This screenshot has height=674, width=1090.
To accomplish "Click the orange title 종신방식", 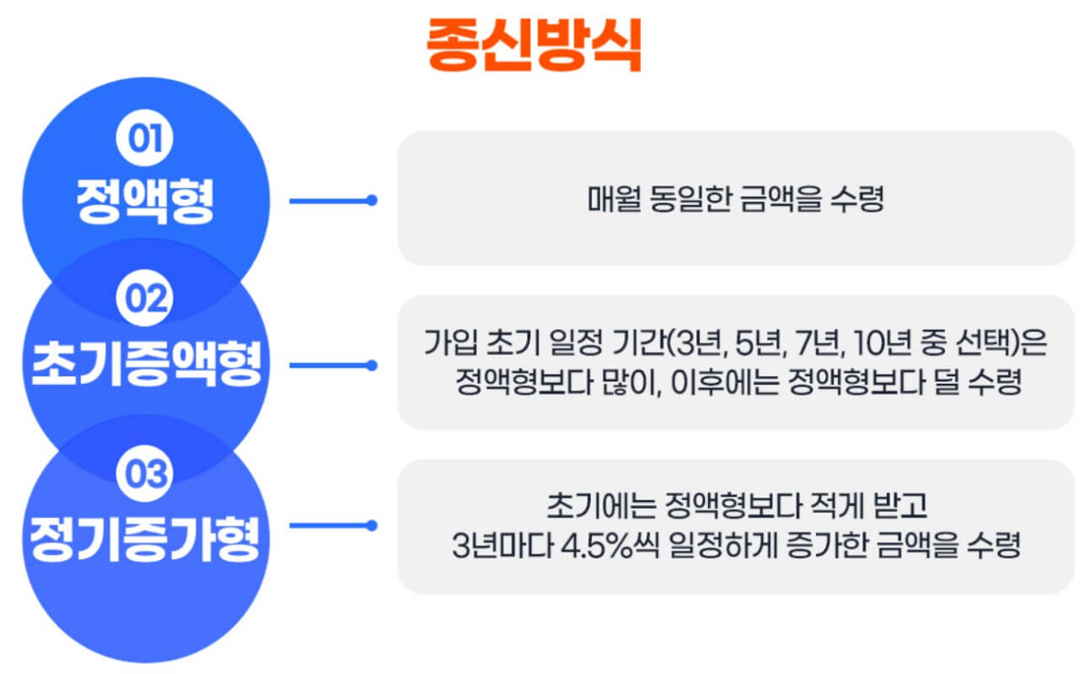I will pos(534,45).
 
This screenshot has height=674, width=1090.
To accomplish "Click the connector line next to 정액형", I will pos(333,201).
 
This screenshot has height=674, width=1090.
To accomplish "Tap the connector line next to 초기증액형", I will pos(333,365).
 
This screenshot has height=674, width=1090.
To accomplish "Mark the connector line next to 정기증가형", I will pos(333,526).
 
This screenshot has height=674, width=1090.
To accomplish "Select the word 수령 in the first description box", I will pos(861,200).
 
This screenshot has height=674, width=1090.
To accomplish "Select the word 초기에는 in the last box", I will pos(591,506).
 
